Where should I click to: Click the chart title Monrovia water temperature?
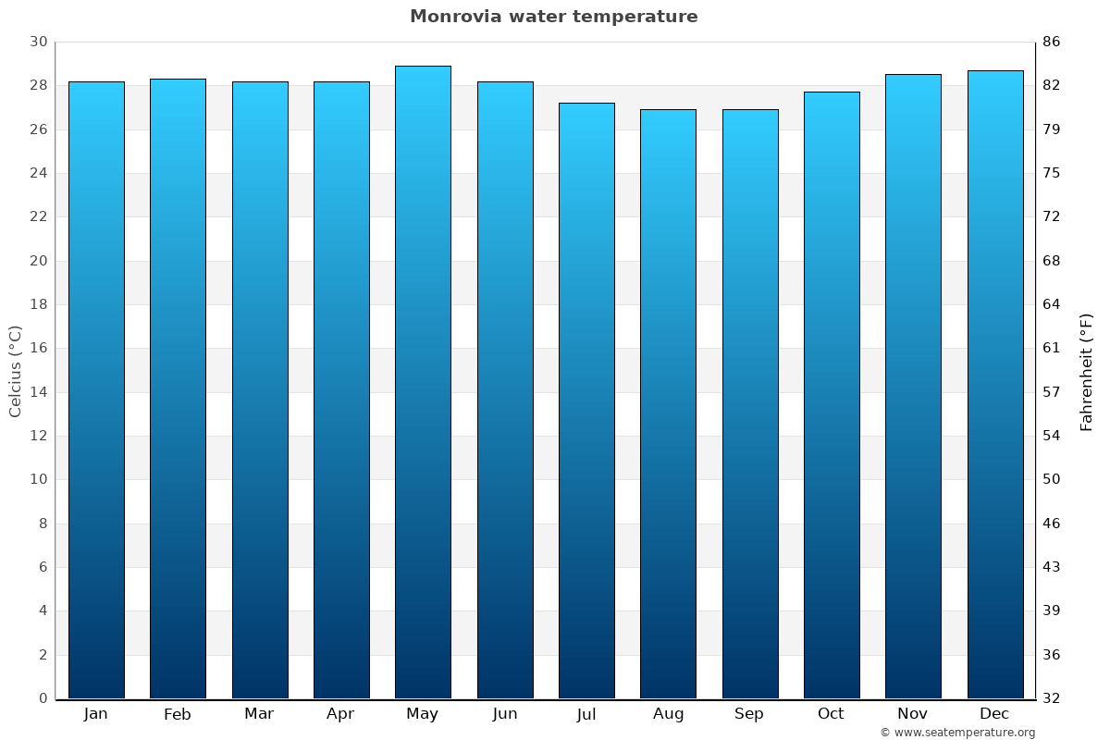click(x=553, y=17)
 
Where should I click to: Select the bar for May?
click(x=423, y=382)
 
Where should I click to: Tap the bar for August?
click(x=668, y=403)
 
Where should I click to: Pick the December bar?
click(x=995, y=384)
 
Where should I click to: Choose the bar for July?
click(x=586, y=401)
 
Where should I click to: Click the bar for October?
click(x=832, y=395)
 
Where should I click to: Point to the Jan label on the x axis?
click(x=95, y=714)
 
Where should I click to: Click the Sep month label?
click(x=749, y=714)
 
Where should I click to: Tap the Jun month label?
click(x=505, y=714)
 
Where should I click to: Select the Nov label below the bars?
click(x=913, y=714)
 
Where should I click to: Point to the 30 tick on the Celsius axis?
click(x=38, y=43)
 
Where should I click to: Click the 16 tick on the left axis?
click(x=38, y=349)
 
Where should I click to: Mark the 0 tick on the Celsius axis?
click(x=43, y=698)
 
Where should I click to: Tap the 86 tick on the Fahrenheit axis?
click(x=1052, y=43)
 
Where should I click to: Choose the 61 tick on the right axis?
click(x=1052, y=349)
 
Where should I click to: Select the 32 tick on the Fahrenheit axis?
click(x=1052, y=698)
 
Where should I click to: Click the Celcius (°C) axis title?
click(x=16, y=371)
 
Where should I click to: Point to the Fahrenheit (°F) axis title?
click(x=1087, y=371)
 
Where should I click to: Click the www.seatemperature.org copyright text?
click(x=957, y=733)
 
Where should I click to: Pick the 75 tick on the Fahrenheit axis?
click(x=1052, y=173)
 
